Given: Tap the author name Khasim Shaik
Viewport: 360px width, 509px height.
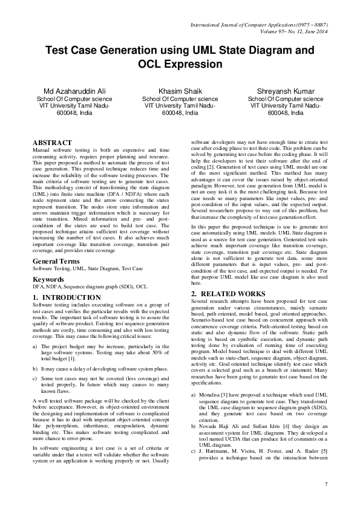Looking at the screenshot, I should pyautogui.click(x=180, y=91).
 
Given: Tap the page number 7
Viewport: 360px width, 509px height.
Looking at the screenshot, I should pyautogui.click(x=326, y=484).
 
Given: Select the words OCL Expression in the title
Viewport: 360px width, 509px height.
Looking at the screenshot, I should pyautogui.click(x=180, y=64).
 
